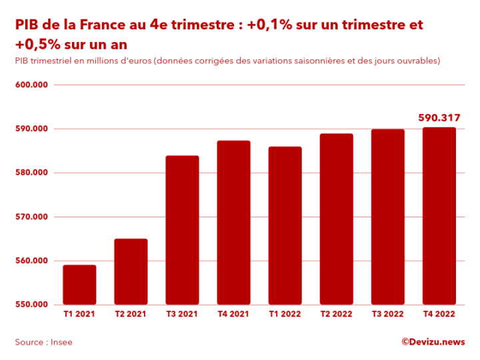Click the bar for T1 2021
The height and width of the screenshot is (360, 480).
pos(79,285)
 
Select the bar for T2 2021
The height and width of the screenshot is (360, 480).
pos(131,271)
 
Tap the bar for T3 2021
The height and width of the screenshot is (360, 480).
pos(182,230)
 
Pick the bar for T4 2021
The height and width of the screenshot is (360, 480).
pos(233,223)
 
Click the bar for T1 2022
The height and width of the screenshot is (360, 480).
pos(285,225)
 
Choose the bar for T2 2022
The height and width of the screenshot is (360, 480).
pos(336,219)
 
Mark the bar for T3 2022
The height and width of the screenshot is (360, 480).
pos(387,217)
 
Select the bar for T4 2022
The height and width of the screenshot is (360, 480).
pos(439,216)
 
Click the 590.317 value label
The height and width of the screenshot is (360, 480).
pos(439,118)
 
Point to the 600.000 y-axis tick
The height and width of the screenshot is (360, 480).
pos(31,85)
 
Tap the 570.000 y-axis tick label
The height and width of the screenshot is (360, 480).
pos(31,217)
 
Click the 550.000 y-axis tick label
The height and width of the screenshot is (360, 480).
pos(31,305)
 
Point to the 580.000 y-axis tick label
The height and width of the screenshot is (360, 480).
pos(31,173)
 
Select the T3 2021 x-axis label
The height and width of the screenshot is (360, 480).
pos(182,314)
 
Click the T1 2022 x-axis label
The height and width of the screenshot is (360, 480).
pos(285,314)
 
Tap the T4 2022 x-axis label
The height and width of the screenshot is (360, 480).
pos(439,314)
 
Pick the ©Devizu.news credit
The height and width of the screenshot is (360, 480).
pos(433,342)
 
